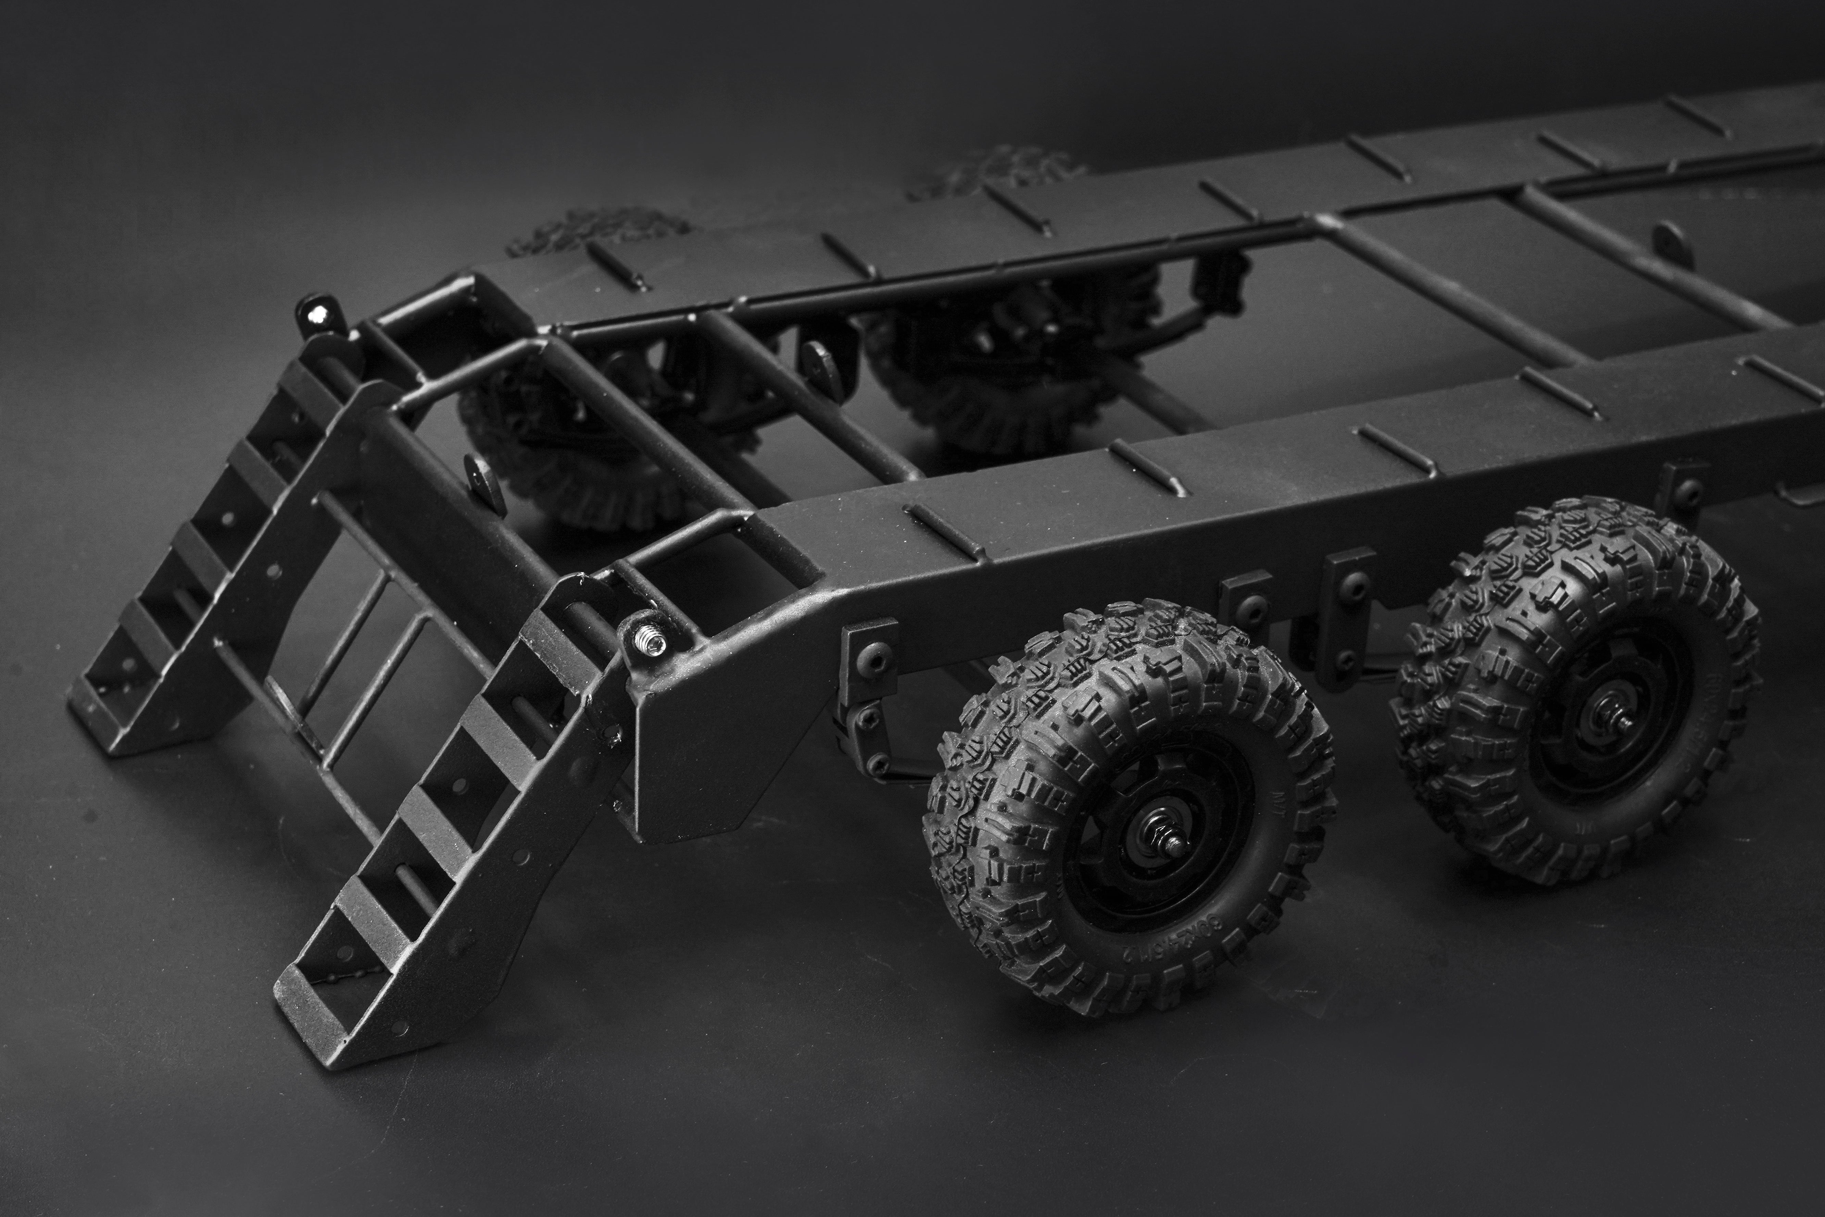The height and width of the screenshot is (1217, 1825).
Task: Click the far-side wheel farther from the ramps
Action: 1009,373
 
